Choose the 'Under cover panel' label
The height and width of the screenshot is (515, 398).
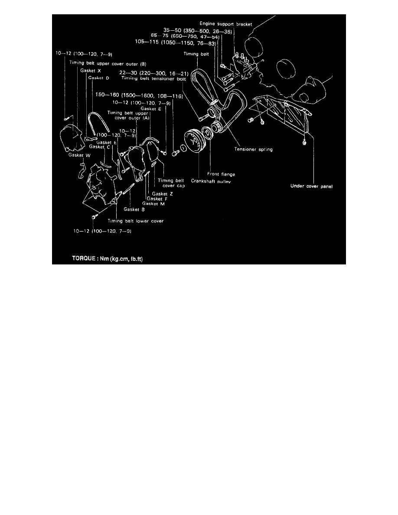point(310,187)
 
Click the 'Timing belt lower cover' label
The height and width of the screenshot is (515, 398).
point(135,221)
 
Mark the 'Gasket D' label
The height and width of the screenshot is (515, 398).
point(98,78)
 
